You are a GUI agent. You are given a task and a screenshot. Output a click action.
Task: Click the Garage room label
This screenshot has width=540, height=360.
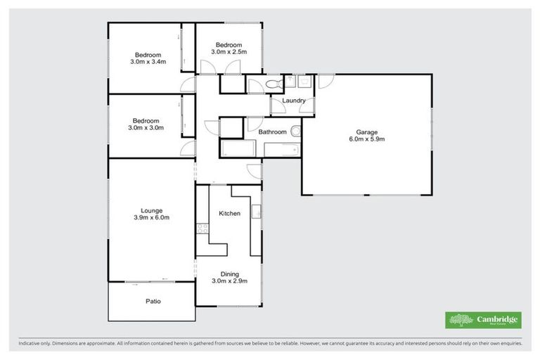[366, 131]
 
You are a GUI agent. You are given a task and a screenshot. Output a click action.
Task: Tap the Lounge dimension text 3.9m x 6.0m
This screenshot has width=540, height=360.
[151, 218]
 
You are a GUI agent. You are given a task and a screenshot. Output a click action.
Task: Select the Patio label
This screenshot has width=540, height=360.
[153, 301]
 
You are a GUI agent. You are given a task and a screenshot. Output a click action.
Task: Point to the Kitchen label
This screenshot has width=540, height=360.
[229, 213]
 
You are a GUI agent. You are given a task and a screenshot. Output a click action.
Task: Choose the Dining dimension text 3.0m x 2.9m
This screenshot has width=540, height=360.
[229, 281]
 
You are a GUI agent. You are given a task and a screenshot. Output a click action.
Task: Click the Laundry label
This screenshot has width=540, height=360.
[293, 101]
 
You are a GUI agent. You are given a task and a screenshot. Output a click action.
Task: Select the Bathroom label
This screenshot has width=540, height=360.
[272, 131]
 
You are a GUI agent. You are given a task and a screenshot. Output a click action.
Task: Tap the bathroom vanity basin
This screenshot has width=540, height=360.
[296, 131]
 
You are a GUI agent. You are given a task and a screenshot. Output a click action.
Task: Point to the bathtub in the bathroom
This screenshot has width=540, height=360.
[242, 149]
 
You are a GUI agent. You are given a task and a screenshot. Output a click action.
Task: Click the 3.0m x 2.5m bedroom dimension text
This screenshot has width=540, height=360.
[229, 52]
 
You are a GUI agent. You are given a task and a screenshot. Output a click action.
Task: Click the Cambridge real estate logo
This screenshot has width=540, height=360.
[484, 320]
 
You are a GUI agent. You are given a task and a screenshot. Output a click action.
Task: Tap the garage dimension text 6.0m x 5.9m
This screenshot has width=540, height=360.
[366, 139]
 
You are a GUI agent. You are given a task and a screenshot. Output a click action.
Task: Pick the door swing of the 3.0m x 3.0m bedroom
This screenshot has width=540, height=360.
[187, 148]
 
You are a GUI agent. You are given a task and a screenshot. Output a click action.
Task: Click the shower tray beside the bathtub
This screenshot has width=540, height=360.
[283, 149]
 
